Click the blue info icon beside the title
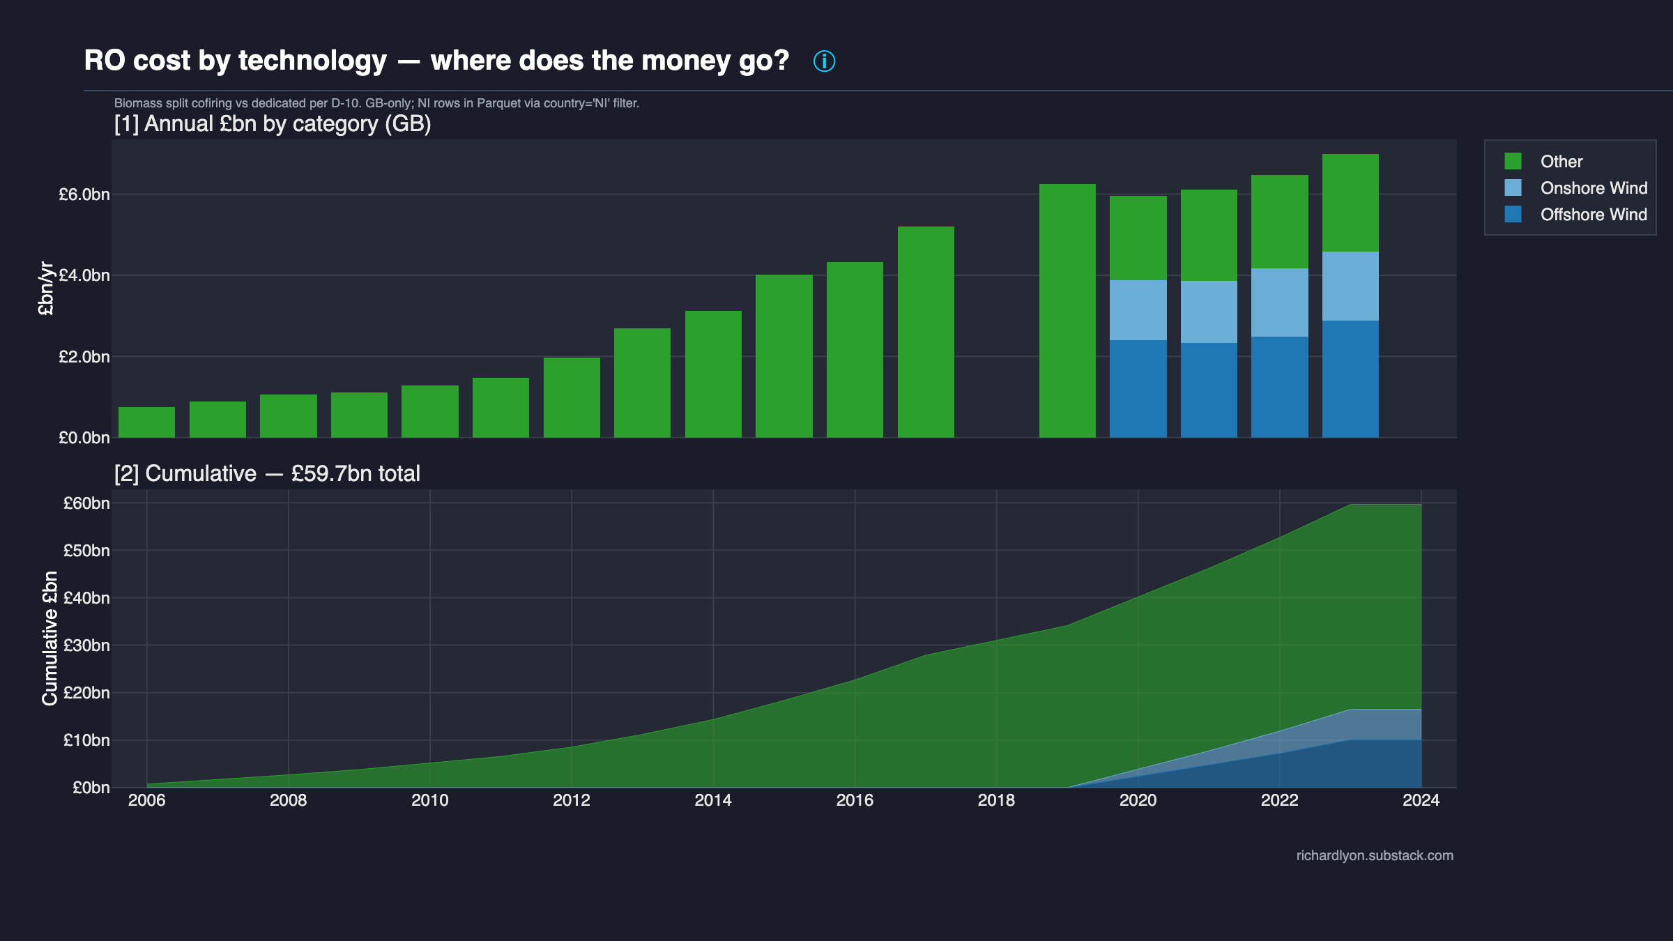[x=824, y=61]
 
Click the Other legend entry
[x=1561, y=162]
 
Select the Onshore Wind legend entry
[x=1593, y=188]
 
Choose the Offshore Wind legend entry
[x=1593, y=215]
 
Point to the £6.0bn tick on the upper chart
[x=84, y=194]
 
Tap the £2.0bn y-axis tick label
[x=84, y=357]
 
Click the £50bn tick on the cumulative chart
[x=86, y=551]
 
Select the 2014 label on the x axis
[x=712, y=800]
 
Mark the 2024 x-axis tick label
[x=1421, y=800]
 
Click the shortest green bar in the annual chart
[x=146, y=422]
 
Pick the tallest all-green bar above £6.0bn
[x=1067, y=310]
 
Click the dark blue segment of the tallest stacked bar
[x=1350, y=379]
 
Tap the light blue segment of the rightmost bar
[x=1350, y=286]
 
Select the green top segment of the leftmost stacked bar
[x=1138, y=238]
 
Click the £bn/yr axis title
[x=46, y=289]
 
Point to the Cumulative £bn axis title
[x=49, y=638]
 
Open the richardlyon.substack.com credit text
[x=1375, y=855]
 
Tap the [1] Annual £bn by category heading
[x=273, y=124]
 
